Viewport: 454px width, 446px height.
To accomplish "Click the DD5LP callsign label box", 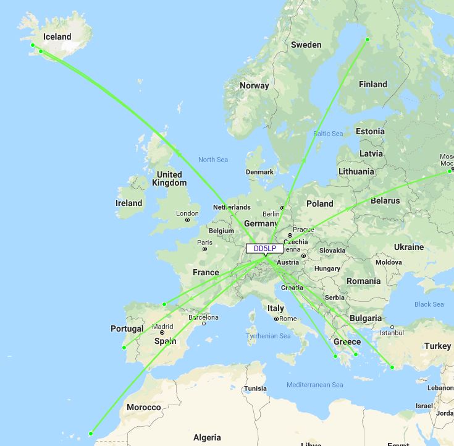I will click(x=265, y=249).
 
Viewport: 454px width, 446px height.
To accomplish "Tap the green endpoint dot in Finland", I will click(x=368, y=40).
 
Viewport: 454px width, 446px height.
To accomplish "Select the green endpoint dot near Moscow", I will click(x=452, y=171).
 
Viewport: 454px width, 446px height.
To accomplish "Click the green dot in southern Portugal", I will click(x=124, y=348).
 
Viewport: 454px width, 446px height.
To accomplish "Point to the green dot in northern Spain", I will click(x=164, y=304).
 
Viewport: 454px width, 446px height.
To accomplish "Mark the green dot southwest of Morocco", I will click(x=91, y=434).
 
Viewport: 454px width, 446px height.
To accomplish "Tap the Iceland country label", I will click(x=57, y=37).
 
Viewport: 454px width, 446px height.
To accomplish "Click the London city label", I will click(x=187, y=213).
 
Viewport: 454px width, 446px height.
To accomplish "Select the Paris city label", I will click(x=204, y=242).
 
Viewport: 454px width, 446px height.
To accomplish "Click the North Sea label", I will click(x=213, y=160).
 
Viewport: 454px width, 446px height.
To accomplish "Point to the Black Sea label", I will click(x=429, y=304).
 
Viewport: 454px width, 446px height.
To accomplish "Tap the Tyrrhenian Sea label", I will click(x=268, y=336).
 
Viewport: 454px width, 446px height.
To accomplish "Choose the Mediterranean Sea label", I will click(x=315, y=385).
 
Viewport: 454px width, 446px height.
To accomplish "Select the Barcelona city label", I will click(x=203, y=317).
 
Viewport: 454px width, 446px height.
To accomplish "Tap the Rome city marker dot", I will click(x=276, y=319).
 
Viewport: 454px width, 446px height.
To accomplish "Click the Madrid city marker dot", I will click(x=162, y=333).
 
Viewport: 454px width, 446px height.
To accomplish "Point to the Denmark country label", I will click(x=259, y=172).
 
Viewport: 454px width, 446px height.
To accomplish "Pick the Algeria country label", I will click(x=207, y=437).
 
